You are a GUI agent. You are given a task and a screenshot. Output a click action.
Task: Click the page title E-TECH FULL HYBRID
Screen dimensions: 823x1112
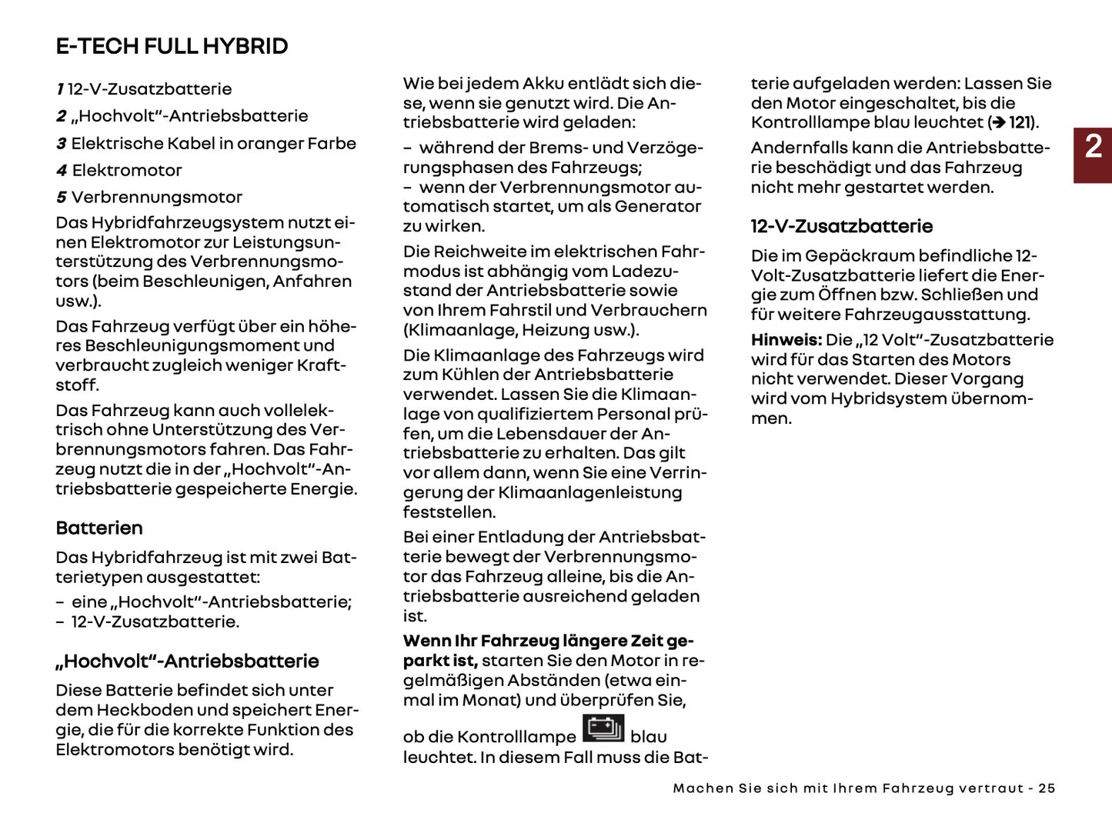tap(172, 46)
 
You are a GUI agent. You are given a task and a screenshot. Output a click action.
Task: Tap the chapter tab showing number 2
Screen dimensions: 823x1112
tap(1093, 147)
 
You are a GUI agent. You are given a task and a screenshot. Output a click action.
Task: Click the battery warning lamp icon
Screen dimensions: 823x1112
tap(603, 728)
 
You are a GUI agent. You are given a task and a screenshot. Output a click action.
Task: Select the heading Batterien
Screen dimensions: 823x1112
tap(99, 528)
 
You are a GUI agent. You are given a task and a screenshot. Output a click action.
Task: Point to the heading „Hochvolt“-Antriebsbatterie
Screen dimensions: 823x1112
tap(187, 661)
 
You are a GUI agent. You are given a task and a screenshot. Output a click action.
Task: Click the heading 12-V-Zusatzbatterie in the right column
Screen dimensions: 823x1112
tap(841, 226)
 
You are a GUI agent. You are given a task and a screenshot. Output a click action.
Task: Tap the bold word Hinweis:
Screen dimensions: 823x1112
tap(786, 340)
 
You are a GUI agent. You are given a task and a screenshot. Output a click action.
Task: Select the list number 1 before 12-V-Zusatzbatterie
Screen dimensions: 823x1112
tap(59, 89)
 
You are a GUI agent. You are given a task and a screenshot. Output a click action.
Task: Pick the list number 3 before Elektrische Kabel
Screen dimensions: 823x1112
tap(61, 144)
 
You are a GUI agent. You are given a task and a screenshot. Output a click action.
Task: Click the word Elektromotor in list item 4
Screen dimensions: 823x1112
tap(127, 171)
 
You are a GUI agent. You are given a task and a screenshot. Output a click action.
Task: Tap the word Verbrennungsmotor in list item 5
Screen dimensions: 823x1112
tap(157, 198)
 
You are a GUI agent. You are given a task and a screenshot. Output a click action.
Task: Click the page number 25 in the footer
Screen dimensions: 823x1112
tap(1047, 788)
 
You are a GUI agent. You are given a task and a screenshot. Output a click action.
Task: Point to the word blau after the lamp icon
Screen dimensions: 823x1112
tap(648, 737)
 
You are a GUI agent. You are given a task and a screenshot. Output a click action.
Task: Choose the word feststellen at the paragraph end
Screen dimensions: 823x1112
tap(449, 512)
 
